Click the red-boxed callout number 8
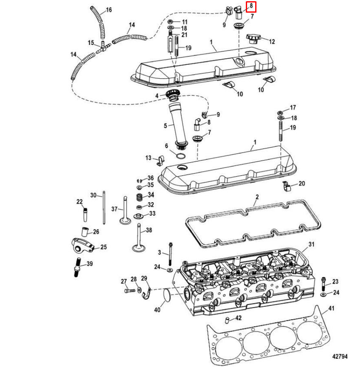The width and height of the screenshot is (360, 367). pyautogui.click(x=251, y=7)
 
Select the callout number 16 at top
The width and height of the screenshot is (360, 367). pyautogui.click(x=109, y=10)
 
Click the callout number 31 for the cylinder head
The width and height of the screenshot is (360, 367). pyautogui.click(x=311, y=244)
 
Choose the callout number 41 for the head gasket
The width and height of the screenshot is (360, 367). pyautogui.click(x=331, y=309)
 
